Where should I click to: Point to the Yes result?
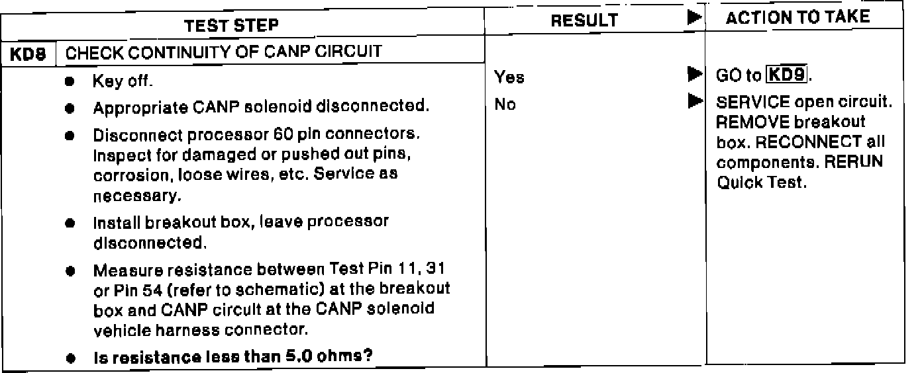point(509,77)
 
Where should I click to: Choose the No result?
point(505,104)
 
